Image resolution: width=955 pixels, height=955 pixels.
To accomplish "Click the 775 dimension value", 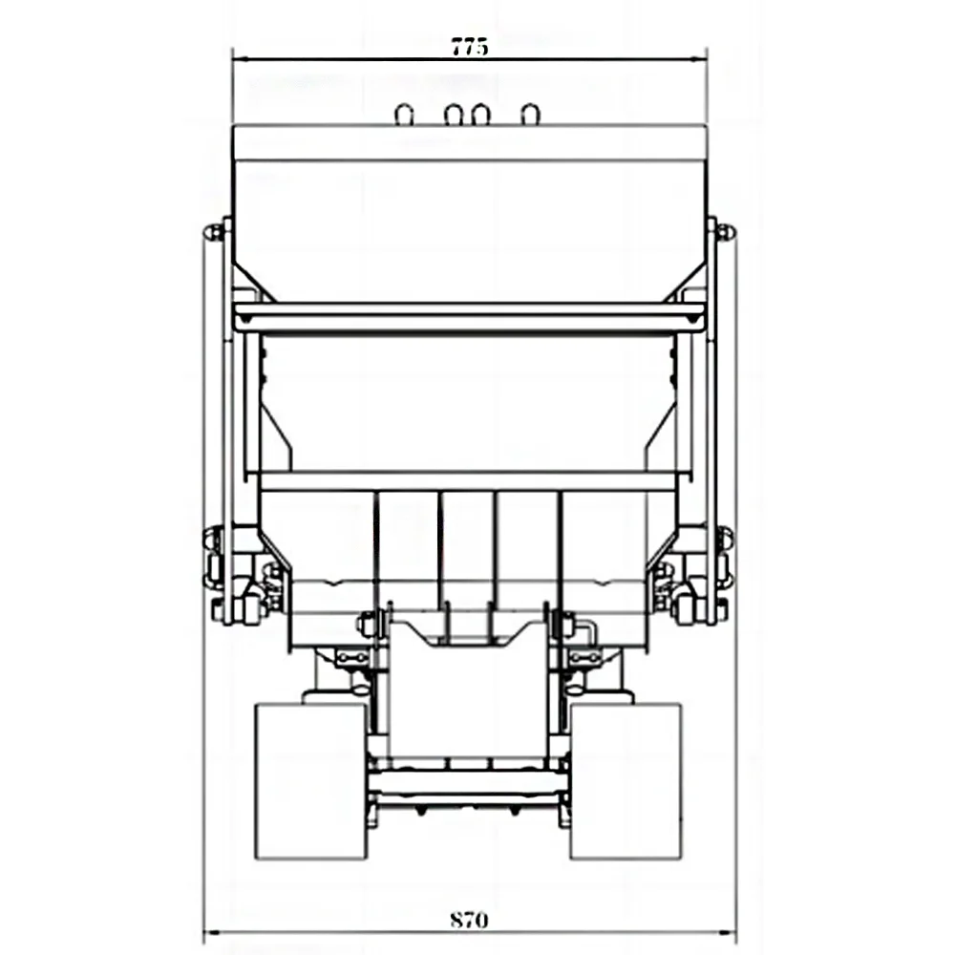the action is click(x=470, y=46).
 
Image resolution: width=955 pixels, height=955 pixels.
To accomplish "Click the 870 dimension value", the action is click(x=469, y=919).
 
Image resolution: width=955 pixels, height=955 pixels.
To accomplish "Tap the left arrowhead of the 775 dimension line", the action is click(x=241, y=59).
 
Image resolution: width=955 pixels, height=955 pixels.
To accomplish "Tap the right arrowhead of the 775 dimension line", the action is click(x=699, y=59).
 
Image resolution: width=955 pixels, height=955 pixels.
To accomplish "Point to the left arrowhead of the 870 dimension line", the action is click(x=211, y=932).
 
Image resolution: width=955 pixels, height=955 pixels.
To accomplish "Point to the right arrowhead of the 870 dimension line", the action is click(x=728, y=932).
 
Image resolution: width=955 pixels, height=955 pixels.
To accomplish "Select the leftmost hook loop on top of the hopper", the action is click(x=404, y=116).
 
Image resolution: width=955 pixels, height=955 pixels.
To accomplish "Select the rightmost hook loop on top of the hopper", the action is click(x=530, y=116).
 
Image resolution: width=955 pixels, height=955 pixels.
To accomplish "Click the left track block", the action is click(x=310, y=781).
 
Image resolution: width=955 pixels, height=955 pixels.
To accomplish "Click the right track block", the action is click(x=626, y=781).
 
